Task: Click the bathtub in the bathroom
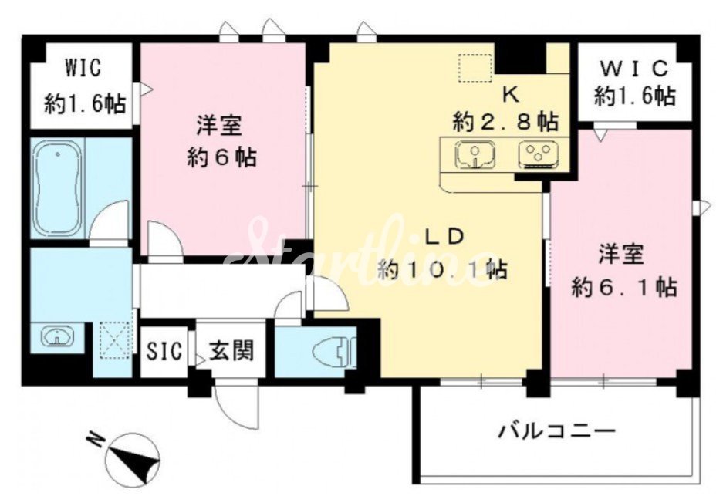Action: point(58,188)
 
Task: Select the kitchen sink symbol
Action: point(476,154)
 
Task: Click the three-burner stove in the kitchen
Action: point(538,154)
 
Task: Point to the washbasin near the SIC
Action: point(58,336)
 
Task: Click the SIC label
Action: point(164,352)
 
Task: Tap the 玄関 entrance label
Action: point(231,351)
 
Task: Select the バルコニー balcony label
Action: point(557,432)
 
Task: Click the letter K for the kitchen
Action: point(511,95)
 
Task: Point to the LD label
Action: point(444,238)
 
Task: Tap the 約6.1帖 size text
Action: point(624,289)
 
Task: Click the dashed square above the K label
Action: point(475,68)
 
